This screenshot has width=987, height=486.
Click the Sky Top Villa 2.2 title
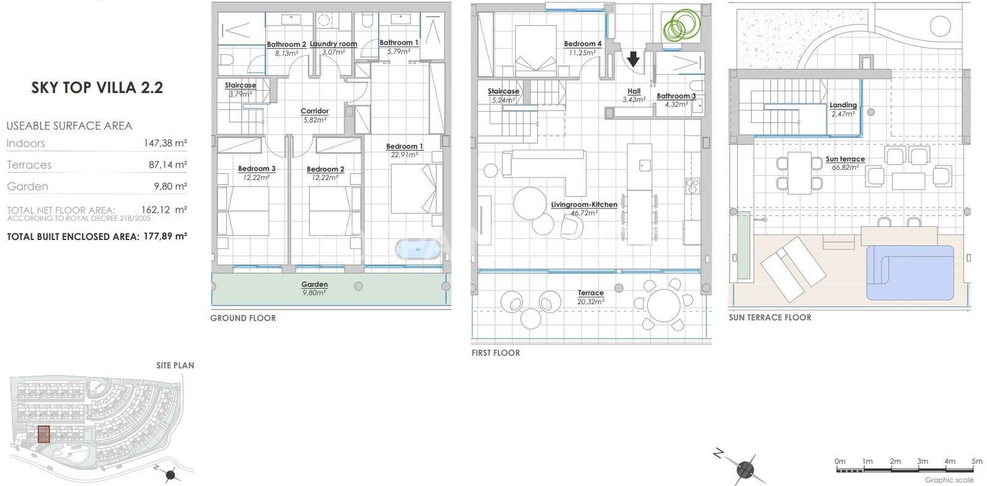point(97,88)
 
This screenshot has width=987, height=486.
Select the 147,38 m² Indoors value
point(165,143)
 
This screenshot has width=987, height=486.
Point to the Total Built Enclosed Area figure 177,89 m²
point(165,236)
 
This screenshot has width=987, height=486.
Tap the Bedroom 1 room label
point(405,146)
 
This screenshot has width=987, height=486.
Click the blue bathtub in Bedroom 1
point(418,249)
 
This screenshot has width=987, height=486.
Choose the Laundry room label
point(333,44)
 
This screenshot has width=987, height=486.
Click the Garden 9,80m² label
point(315,289)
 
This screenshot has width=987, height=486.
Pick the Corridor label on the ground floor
point(315,111)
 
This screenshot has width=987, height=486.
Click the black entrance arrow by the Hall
point(634,59)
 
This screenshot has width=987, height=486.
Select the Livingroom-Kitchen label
point(584,205)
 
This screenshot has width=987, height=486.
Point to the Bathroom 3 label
point(676,96)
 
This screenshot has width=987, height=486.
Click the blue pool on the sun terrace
point(910,273)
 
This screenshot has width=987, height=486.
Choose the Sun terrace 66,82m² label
point(845,163)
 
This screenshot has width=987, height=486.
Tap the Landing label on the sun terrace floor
point(843,105)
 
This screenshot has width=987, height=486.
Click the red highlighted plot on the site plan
point(44,434)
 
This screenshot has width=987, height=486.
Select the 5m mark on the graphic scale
point(977,461)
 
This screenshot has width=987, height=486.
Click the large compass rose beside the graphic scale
point(744,469)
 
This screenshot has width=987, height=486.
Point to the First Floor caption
point(496,353)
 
